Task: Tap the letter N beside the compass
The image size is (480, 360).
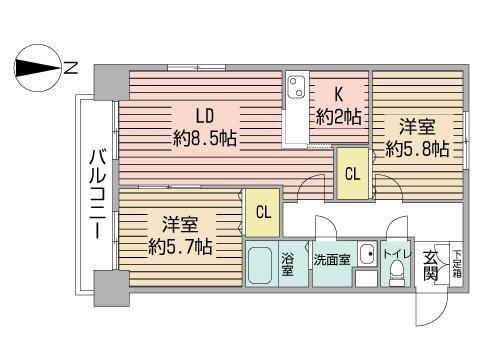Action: tap(71, 68)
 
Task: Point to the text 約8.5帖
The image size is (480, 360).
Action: tap(204, 138)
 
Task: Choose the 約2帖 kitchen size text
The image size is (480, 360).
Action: tap(338, 116)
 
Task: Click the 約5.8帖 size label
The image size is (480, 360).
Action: tap(417, 151)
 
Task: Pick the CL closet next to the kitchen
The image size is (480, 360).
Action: tap(352, 172)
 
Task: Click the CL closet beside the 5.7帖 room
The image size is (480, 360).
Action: tap(262, 211)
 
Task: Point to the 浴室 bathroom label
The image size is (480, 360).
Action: tap(288, 265)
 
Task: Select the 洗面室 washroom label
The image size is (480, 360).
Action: tap(331, 259)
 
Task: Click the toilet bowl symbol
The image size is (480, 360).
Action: tap(395, 273)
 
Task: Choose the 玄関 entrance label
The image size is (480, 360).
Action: tap(430, 266)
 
